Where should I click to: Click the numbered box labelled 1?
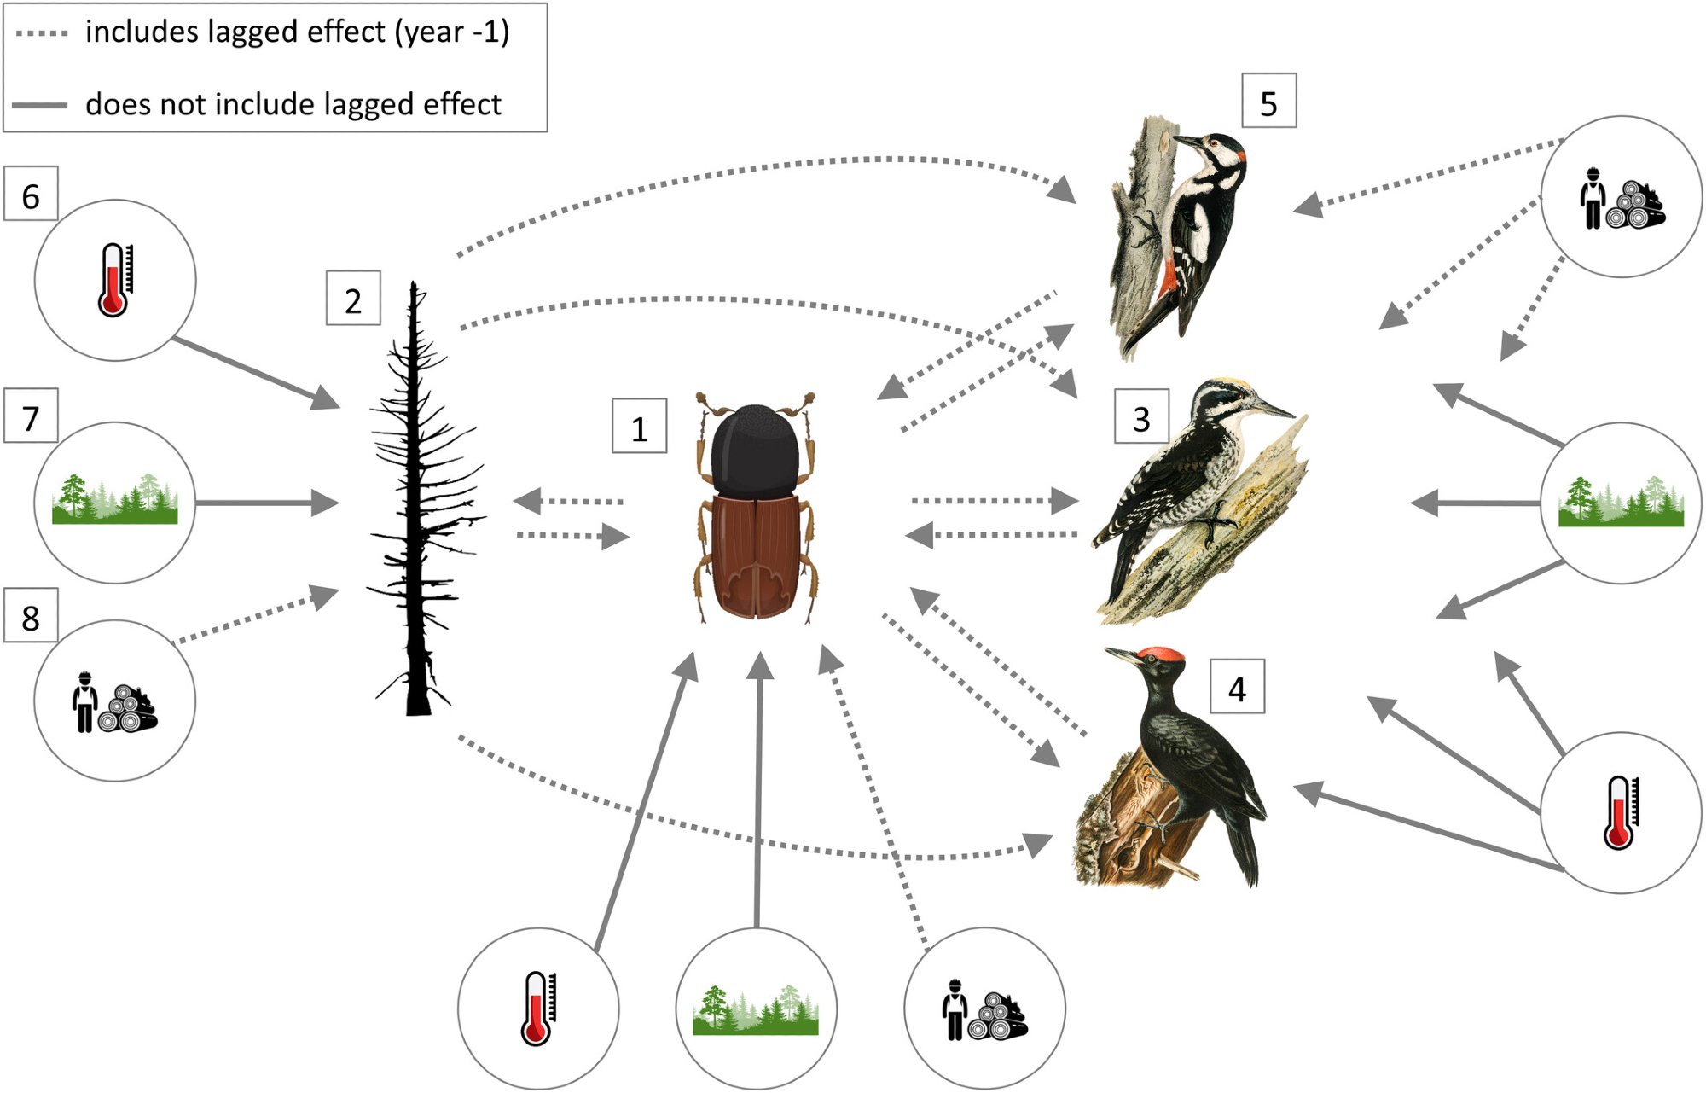click(x=639, y=427)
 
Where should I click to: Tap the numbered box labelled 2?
click(x=353, y=299)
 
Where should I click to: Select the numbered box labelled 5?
click(x=1268, y=102)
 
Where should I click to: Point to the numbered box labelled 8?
click(x=31, y=616)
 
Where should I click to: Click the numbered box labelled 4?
click(x=1237, y=687)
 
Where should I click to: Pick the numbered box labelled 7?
click(x=31, y=416)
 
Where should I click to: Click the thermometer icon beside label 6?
click(x=115, y=280)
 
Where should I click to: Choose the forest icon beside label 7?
click(x=115, y=502)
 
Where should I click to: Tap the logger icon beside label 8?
click(x=115, y=701)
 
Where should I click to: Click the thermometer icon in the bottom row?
click(x=537, y=1009)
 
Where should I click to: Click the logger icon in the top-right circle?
click(x=1621, y=198)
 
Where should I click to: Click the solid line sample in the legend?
click(x=39, y=105)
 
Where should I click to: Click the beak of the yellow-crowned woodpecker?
click(x=1275, y=410)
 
